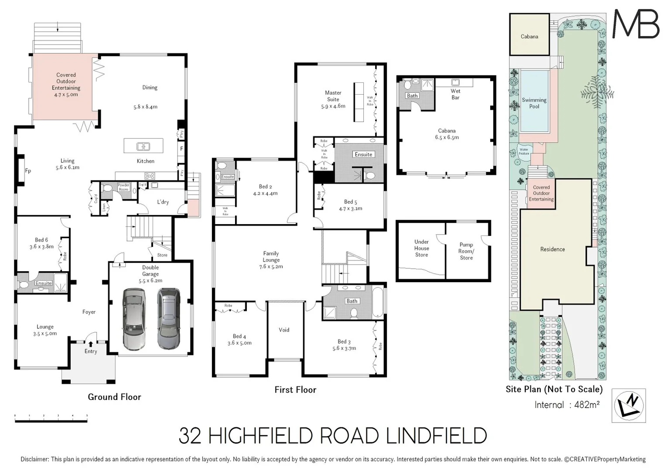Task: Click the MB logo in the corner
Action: [x=636, y=24]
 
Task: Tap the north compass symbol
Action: [x=628, y=405]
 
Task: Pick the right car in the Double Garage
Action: [x=169, y=319]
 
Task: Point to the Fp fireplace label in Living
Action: [x=28, y=171]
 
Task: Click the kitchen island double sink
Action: [x=143, y=147]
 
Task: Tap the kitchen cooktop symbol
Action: [x=150, y=176]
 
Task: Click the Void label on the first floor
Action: [x=284, y=330]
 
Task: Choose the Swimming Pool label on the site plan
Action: [x=534, y=103]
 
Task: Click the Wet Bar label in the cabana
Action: [x=455, y=94]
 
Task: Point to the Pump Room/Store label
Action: [x=466, y=251]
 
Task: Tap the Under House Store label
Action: [x=421, y=248]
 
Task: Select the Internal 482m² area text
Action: [x=567, y=405]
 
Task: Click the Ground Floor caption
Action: [x=114, y=397]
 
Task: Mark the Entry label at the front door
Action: [x=91, y=351]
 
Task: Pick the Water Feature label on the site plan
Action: [x=524, y=151]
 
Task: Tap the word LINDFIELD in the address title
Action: [x=437, y=436]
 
